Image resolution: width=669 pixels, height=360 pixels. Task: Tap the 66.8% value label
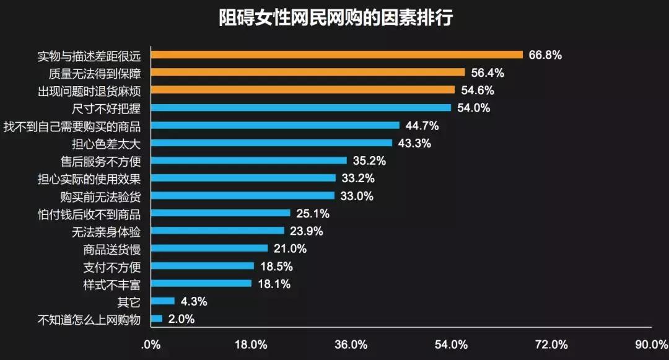click(x=545, y=55)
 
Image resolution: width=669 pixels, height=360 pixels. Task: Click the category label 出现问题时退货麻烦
click(x=89, y=90)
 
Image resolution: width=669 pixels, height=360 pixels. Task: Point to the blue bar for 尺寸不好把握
click(x=301, y=108)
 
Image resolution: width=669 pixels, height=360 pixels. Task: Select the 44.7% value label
click(x=422, y=126)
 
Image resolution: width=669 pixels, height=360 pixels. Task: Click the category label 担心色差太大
click(x=107, y=143)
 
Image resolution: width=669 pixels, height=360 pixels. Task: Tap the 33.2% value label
click(x=357, y=178)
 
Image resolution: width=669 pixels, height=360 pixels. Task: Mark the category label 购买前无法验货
click(x=101, y=196)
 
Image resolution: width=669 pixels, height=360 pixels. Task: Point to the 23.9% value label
click(x=306, y=231)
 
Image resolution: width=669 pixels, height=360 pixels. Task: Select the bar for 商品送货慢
click(x=209, y=248)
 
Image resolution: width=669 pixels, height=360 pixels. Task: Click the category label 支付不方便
click(x=112, y=266)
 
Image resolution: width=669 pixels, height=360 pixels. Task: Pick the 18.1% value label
click(x=274, y=284)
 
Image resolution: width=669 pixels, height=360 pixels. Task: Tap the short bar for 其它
click(x=163, y=301)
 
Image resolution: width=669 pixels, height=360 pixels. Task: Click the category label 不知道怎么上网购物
click(x=89, y=319)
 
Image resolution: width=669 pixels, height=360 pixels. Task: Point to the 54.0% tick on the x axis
click(x=451, y=345)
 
